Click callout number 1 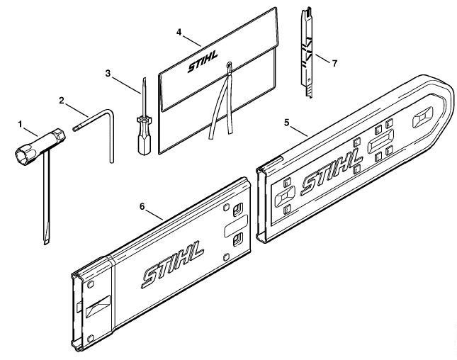click(20, 125)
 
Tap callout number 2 click(62, 101)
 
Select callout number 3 click(108, 74)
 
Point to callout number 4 click(179, 32)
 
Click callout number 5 click(287, 123)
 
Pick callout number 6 click(142, 207)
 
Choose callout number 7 click(334, 63)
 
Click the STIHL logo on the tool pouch click(203, 62)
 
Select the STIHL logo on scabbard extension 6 click(173, 264)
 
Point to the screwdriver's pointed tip click(144, 79)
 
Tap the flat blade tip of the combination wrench click(46, 242)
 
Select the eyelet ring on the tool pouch click(230, 64)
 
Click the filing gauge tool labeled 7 click(306, 53)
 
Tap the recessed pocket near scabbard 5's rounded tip click(423, 118)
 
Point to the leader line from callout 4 click(192, 41)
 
